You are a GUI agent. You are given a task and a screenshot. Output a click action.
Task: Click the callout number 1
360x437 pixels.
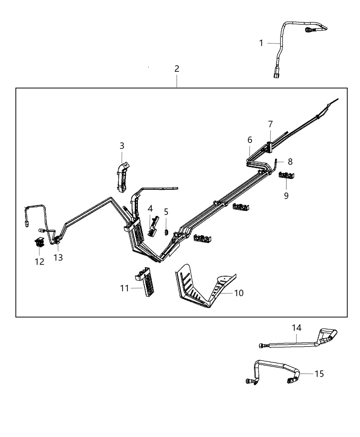click(261, 43)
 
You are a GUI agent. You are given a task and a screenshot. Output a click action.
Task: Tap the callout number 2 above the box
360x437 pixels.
click(177, 69)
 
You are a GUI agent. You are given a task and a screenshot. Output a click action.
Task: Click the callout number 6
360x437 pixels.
click(250, 140)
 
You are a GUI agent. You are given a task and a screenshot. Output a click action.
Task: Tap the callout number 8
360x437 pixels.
click(290, 161)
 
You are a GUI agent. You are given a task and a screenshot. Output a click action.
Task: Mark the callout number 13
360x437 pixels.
click(58, 257)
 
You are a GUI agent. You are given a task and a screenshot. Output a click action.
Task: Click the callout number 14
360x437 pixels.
click(297, 328)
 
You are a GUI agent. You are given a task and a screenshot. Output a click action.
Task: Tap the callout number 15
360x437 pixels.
click(319, 373)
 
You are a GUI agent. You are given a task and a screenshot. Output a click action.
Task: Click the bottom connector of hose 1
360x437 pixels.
click(276, 75)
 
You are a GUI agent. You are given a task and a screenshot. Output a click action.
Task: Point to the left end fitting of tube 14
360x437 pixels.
click(261, 346)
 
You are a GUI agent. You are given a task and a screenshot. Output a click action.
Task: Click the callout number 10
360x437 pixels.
click(239, 293)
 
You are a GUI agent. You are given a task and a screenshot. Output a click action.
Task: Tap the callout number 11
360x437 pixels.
click(124, 288)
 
